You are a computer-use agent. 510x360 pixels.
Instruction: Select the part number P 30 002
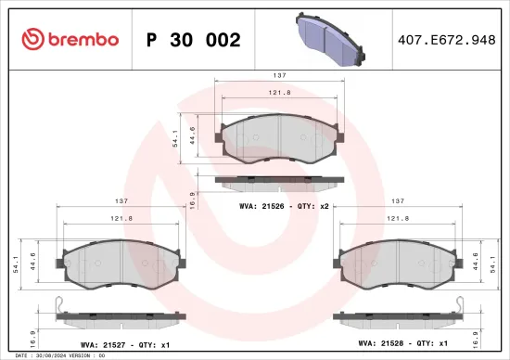pos(194,40)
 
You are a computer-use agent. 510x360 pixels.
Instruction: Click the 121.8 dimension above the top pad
pos(279,93)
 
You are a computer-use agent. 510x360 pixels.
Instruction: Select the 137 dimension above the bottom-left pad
pos(121,200)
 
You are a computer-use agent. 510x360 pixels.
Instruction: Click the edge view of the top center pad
pos(279,181)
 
